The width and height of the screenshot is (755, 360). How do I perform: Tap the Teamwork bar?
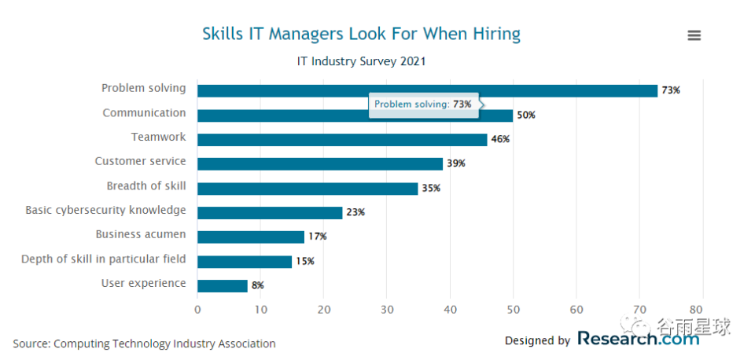[x=342, y=139]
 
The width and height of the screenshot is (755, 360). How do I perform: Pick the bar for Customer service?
[x=319, y=163]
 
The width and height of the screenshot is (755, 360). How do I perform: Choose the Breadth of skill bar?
[x=307, y=189]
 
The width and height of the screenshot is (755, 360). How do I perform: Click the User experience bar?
[x=222, y=285]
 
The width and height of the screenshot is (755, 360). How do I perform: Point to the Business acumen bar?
[x=250, y=237]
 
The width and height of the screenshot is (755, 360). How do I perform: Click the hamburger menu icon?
[x=694, y=35]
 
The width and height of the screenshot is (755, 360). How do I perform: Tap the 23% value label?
[x=355, y=212]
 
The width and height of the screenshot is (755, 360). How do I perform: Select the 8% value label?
[x=258, y=285]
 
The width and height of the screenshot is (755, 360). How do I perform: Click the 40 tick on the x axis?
[x=450, y=310]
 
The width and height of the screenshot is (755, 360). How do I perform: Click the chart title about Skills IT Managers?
[x=361, y=34]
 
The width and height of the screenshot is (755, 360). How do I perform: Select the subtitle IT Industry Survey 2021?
[x=361, y=61]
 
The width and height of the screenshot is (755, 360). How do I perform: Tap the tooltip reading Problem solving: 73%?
[x=423, y=105]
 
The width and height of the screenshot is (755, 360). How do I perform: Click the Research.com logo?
[x=638, y=339]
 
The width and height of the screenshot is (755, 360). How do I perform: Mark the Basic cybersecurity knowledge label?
[x=105, y=210]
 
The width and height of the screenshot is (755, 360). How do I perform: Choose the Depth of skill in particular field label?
[x=103, y=259]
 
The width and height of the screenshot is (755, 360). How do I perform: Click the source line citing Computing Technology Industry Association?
[x=144, y=343]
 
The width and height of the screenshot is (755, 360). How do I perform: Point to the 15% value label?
[x=305, y=261]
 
